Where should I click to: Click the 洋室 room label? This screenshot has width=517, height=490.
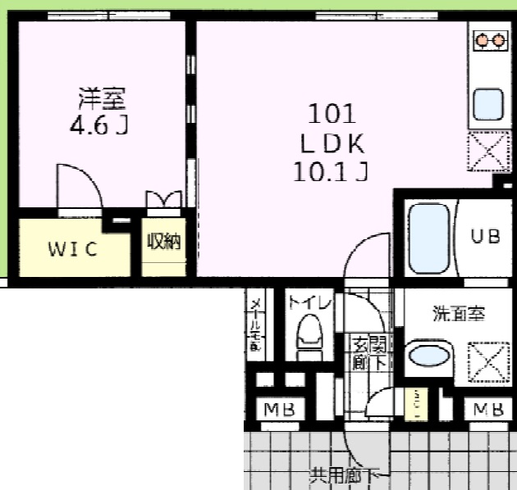tap(102, 100)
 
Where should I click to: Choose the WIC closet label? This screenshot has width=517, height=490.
tap(72, 250)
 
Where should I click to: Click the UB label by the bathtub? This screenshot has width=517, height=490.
tap(483, 236)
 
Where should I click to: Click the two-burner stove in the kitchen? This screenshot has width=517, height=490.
tap(491, 39)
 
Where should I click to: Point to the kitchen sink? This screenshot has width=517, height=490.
tap(489, 104)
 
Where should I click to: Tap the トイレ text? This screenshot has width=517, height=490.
tap(309, 302)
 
